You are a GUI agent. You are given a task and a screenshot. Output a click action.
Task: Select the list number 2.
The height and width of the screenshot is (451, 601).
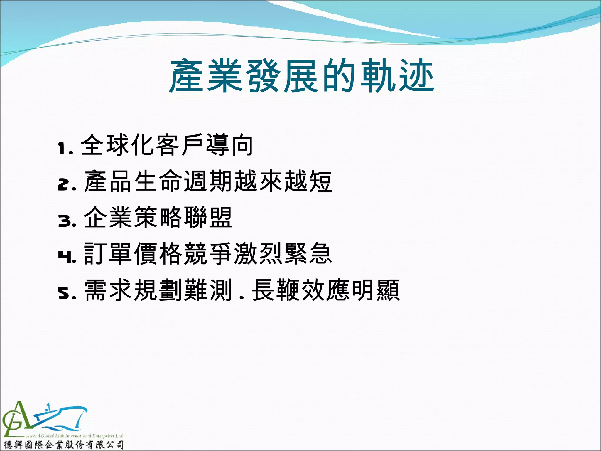pyautogui.click(x=63, y=185)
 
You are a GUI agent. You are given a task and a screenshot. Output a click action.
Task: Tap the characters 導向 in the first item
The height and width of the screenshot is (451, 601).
pyautogui.click(x=229, y=145)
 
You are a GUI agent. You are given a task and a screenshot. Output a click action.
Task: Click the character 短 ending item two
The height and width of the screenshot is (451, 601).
pyautogui.click(x=320, y=181)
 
